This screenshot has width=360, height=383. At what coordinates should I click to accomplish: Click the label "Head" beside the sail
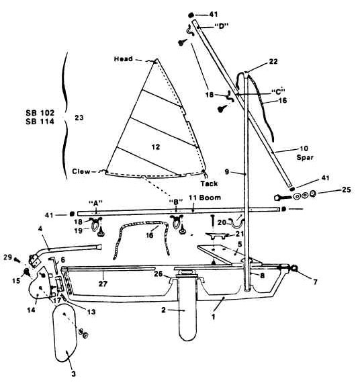click(x=124, y=59)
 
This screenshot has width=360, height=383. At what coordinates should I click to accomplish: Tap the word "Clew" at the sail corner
click(x=81, y=171)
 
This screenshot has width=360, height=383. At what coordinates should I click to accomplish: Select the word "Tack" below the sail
click(x=209, y=183)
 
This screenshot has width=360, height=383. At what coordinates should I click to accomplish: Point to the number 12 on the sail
click(x=156, y=147)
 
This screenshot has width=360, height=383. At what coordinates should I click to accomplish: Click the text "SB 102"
click(x=40, y=113)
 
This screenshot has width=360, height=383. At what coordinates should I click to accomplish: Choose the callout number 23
click(x=79, y=118)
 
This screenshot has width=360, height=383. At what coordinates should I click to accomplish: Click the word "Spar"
click(x=305, y=157)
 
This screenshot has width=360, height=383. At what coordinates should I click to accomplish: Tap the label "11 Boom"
click(x=205, y=198)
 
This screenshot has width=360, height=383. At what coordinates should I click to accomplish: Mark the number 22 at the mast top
click(x=273, y=62)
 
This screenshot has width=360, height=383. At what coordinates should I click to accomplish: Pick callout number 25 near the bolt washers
click(x=347, y=189)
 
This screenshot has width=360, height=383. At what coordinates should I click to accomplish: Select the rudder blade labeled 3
click(x=65, y=333)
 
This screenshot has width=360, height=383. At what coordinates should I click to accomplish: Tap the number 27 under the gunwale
click(x=103, y=284)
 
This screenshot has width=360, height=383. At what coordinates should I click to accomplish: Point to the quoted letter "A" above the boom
click(x=95, y=203)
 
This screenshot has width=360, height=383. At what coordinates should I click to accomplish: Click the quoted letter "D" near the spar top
click(x=221, y=26)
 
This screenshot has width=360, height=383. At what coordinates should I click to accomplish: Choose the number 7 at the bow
click(x=315, y=282)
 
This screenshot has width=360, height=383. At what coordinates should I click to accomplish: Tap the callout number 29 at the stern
click(x=8, y=257)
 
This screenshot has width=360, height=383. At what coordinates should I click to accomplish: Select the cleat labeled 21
click(x=218, y=235)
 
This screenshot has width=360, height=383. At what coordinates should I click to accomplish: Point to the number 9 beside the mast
click(x=227, y=172)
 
